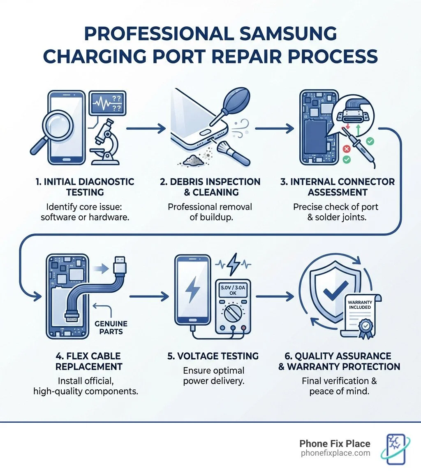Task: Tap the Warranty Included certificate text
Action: click(x=359, y=305)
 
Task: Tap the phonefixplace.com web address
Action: click(x=335, y=453)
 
